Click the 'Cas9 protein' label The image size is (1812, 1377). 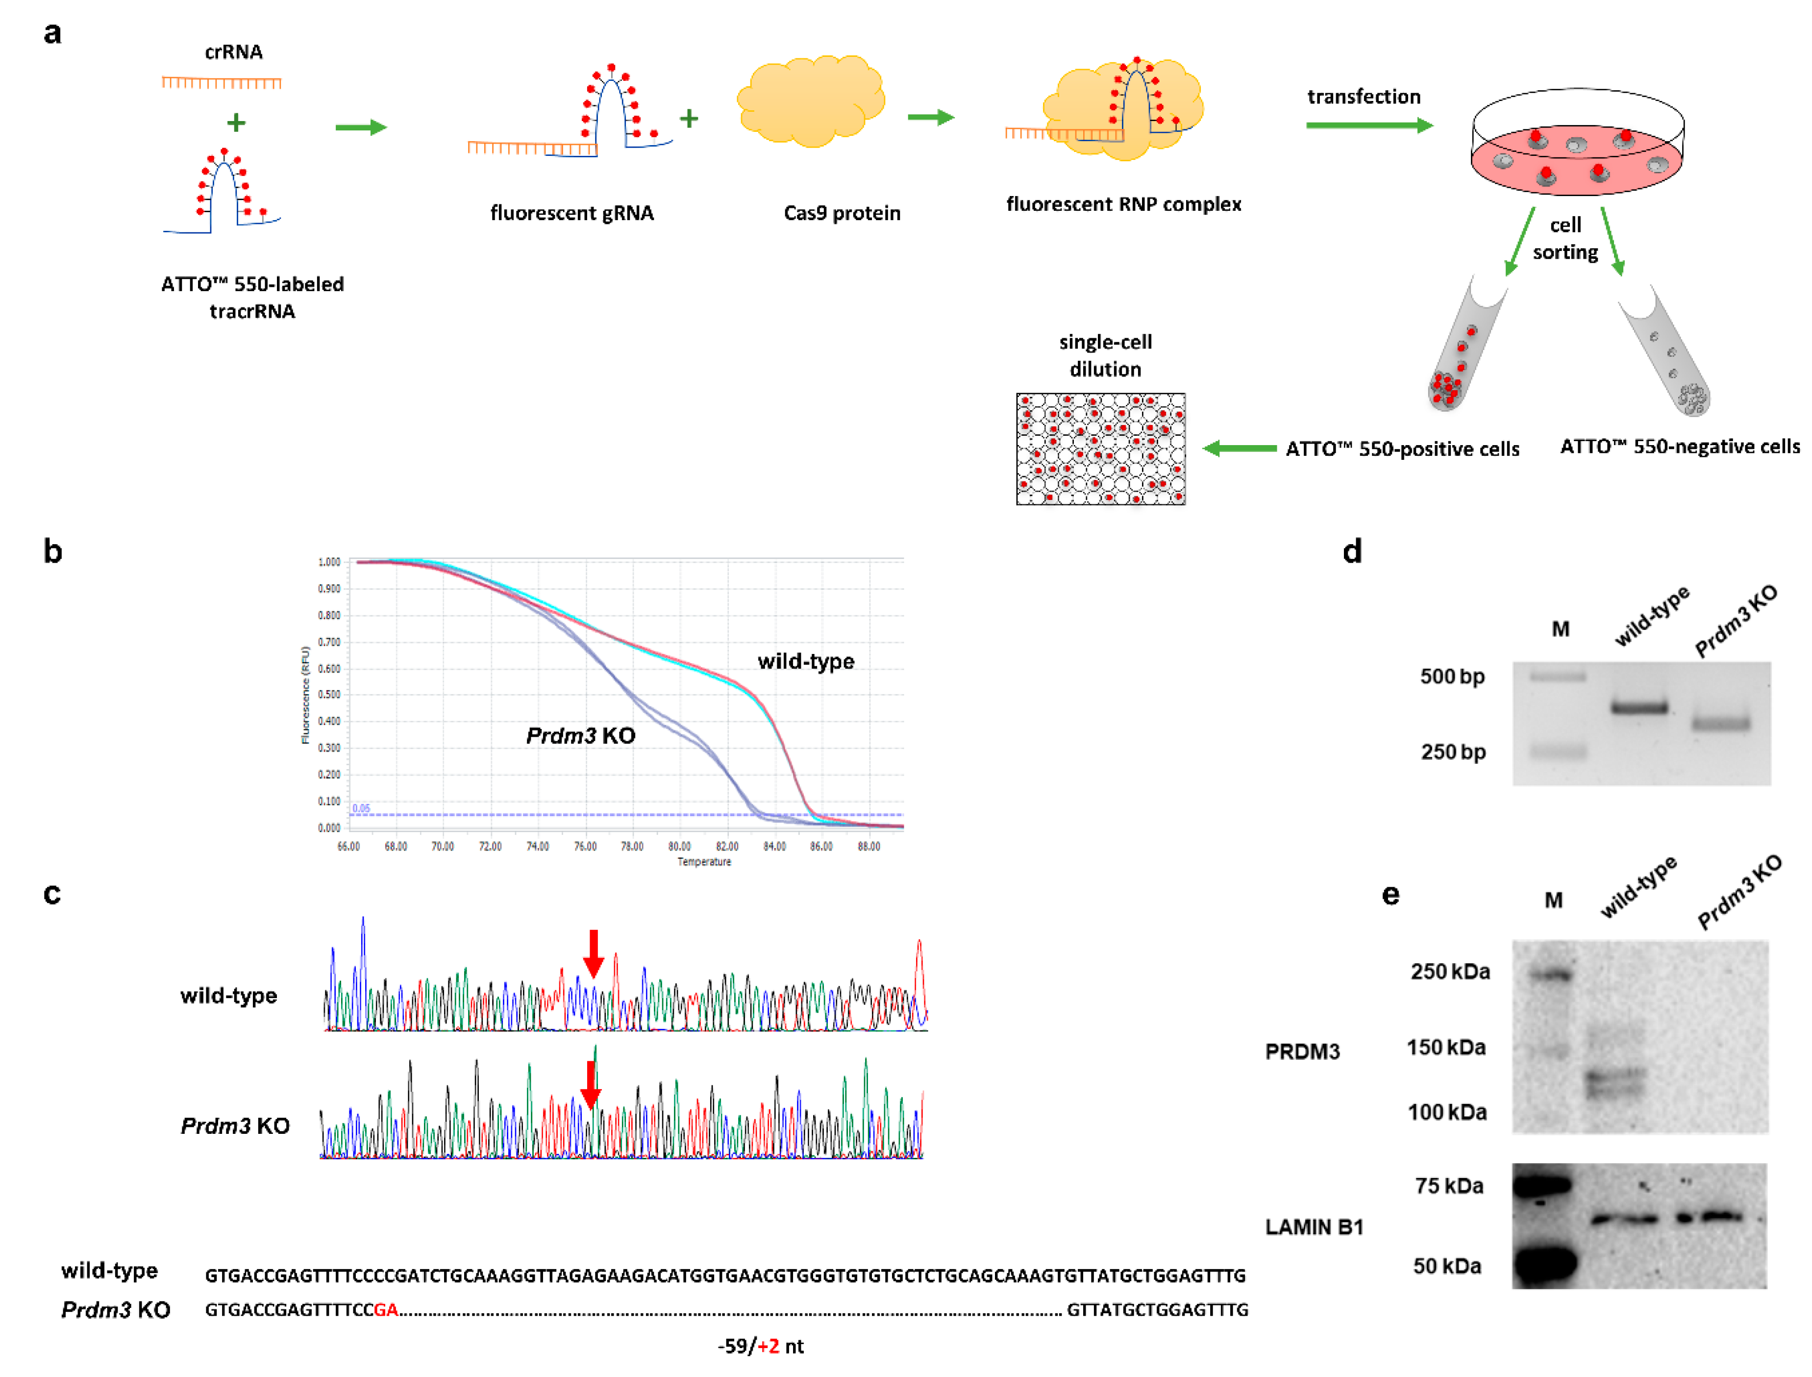[842, 213]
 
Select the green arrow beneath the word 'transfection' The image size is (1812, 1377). [1368, 125]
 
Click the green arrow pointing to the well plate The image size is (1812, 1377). [1239, 449]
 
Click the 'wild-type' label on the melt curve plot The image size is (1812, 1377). [806, 661]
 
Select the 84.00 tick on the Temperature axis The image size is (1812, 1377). [774, 847]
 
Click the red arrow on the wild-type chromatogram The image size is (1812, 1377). [594, 953]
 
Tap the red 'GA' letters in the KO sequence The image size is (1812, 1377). [386, 1310]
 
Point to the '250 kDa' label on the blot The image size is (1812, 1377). [1450, 972]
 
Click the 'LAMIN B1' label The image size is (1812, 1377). [1314, 1227]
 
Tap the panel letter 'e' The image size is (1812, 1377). [1391, 895]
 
